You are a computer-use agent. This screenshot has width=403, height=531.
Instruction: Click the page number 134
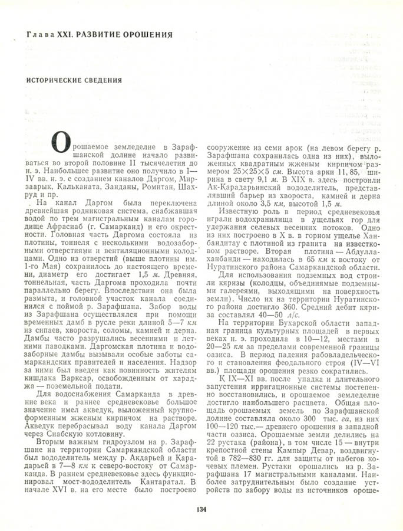tap(201, 511)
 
